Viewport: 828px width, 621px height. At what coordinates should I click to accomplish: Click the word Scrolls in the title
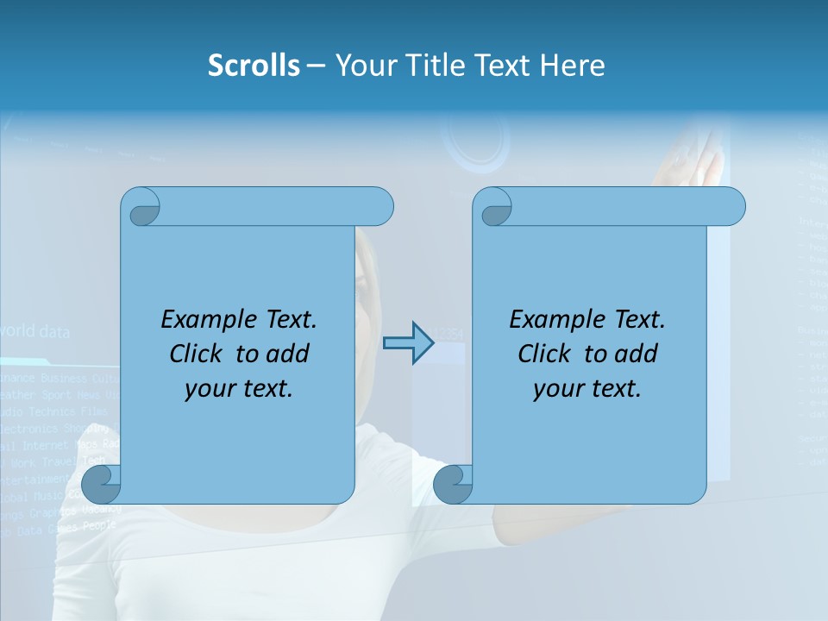254,66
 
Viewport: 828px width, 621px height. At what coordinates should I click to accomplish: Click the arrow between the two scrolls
408,343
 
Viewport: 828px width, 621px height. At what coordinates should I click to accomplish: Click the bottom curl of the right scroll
452,484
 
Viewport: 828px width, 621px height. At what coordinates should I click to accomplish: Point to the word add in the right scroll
637,354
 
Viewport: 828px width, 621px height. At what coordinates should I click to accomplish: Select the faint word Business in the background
64,378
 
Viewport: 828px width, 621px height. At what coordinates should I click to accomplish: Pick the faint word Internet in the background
47,445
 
